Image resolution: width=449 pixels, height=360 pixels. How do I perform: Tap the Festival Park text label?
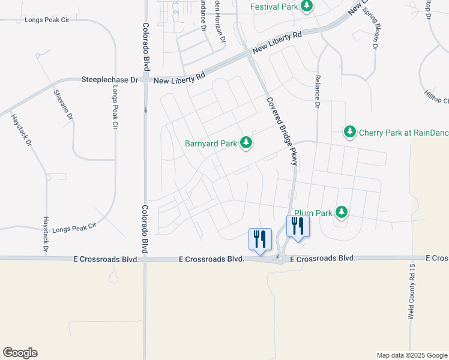point(275,8)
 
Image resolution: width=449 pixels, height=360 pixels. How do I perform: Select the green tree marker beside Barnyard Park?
point(246,143)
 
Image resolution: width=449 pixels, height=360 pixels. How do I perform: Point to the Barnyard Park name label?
point(211,143)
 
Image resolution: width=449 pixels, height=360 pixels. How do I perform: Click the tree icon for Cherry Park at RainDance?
point(349,131)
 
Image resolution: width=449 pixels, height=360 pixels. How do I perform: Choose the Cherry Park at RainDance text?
point(403,132)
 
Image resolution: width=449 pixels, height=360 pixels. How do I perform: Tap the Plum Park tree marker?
point(342,212)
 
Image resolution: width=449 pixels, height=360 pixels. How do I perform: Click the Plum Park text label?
point(313,212)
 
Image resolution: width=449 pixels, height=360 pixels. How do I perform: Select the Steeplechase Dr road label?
point(110,79)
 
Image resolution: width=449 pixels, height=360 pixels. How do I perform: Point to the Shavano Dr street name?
point(63,103)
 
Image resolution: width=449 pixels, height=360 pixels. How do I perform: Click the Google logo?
point(20,353)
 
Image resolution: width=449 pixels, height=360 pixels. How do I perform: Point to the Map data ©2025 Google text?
point(412,355)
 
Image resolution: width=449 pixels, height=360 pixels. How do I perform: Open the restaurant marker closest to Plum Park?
point(298,227)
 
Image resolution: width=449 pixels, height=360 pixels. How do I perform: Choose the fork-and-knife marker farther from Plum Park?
point(260,239)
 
